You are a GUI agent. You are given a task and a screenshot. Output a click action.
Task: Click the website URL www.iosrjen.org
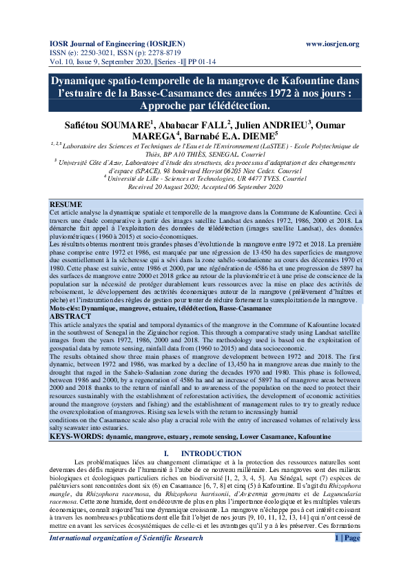tap(332, 43)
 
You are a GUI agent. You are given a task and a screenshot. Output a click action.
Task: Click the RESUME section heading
tap(67, 205)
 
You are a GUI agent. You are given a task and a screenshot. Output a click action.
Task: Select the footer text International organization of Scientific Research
tap(125, 558)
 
